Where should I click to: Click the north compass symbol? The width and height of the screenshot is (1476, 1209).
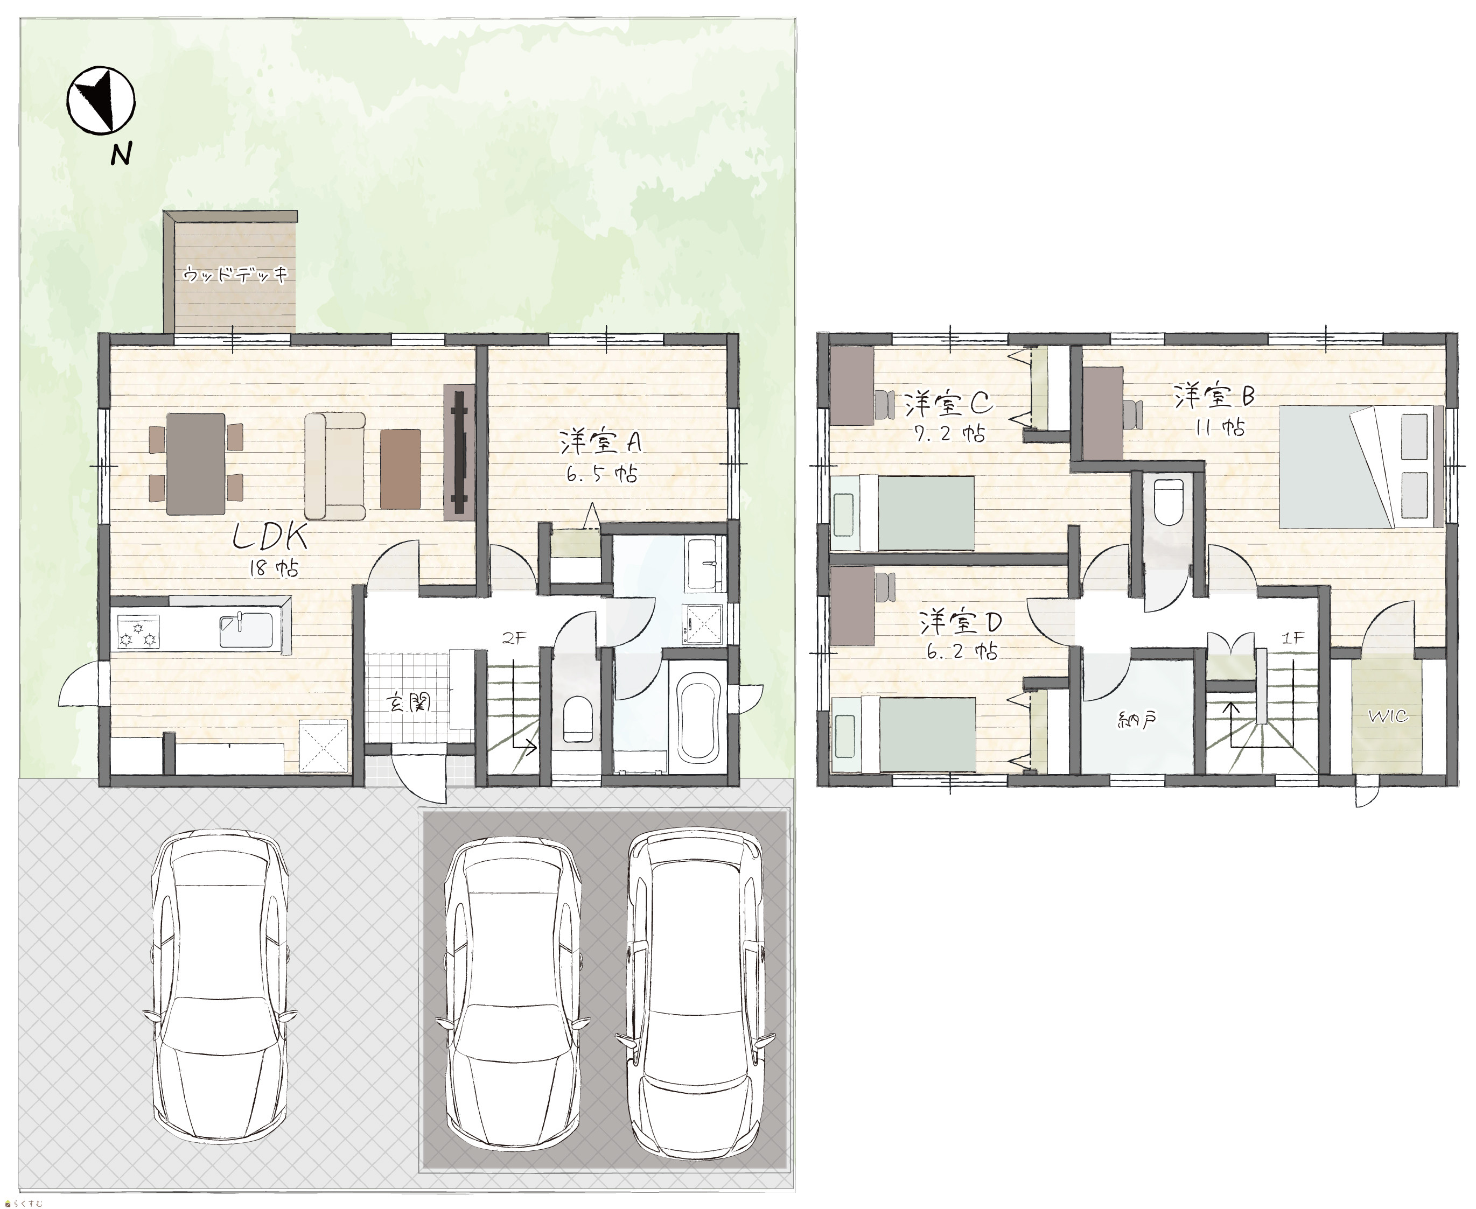coord(101,100)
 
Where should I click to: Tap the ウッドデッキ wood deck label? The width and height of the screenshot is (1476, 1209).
coord(235,275)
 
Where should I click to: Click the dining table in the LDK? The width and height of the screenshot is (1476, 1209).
coord(195,464)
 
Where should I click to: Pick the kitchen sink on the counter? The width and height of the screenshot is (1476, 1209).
coord(245,630)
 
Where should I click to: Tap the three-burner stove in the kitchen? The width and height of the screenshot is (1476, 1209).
coord(138,631)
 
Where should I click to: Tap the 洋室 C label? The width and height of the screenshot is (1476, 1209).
coord(948,403)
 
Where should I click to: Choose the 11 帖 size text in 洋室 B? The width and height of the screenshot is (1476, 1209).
coord(1220,427)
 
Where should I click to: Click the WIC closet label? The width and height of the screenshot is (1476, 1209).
coord(1388,716)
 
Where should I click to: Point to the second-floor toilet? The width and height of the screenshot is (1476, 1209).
coord(1168,502)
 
